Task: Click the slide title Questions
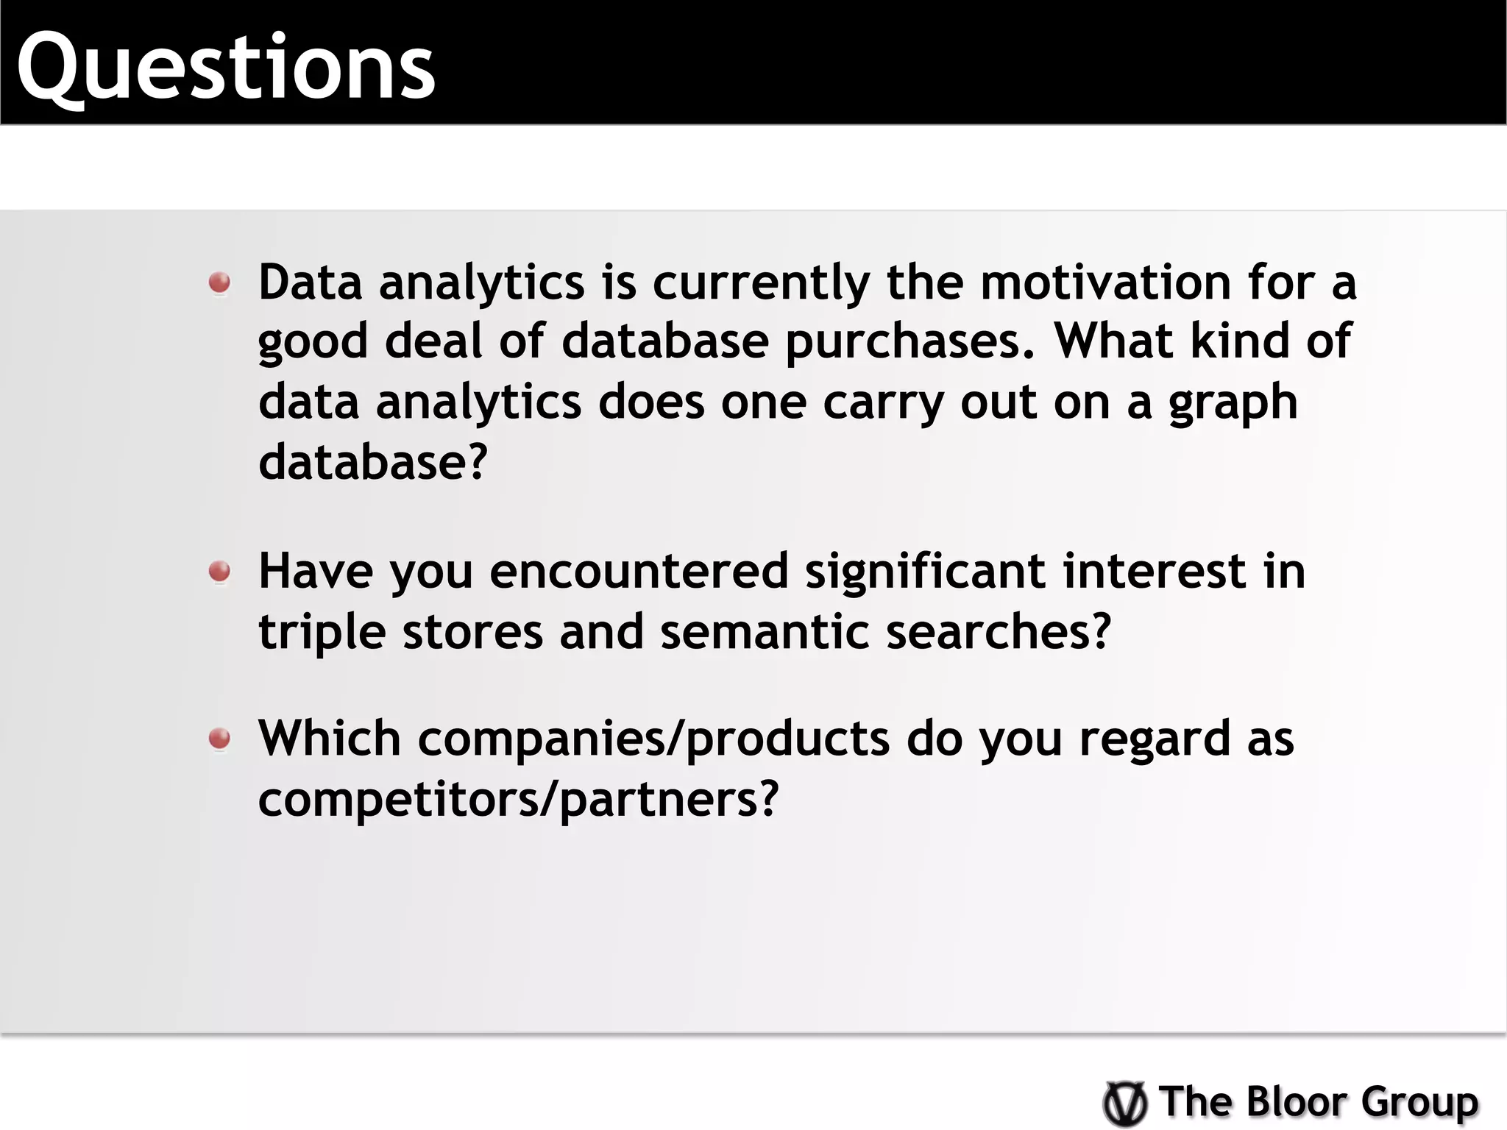(226, 68)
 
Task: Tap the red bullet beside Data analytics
(219, 282)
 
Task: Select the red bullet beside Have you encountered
(219, 571)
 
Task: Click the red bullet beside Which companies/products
(219, 738)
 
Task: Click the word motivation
(1105, 282)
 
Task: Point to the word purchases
(911, 343)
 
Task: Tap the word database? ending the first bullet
(373, 462)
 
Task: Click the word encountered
(639, 571)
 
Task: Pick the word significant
(925, 572)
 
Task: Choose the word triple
(322, 633)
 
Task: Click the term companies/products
(654, 739)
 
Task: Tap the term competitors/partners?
(518, 800)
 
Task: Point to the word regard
(1154, 739)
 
